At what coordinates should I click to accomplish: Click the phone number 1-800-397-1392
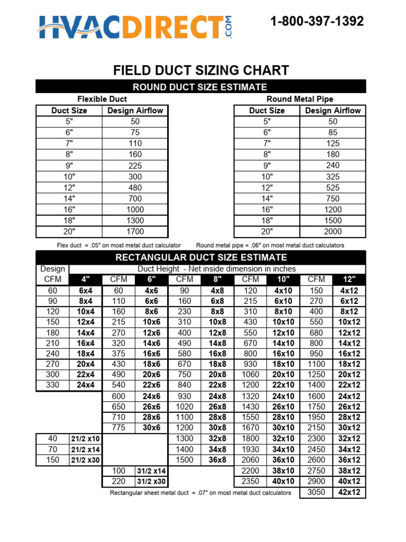pos(317,22)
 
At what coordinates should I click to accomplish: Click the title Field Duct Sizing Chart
pos(201,70)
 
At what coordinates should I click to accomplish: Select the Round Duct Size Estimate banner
pos(200,87)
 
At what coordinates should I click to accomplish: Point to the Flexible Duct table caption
pos(102,99)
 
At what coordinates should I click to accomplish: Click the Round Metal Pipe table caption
pos(300,99)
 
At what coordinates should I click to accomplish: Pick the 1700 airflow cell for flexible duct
pos(135,231)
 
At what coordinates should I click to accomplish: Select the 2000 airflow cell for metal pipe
pos(333,231)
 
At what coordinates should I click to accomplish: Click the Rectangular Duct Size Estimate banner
pos(200,258)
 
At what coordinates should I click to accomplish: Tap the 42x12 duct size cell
pos(349,492)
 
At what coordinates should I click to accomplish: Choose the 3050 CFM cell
pos(316,492)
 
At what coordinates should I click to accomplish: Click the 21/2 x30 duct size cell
pos(85,460)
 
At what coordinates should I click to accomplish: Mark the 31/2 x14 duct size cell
pos(151,471)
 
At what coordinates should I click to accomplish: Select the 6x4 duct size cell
pos(85,291)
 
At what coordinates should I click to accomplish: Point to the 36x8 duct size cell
pos(217,460)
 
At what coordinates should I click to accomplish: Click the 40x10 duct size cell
pos(283,481)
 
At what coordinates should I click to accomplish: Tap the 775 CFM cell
pos(118,428)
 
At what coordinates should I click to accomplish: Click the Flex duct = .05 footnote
pos(119,246)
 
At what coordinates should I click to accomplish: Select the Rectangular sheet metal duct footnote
pos(200,493)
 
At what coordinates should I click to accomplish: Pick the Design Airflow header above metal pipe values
pos(333,111)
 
